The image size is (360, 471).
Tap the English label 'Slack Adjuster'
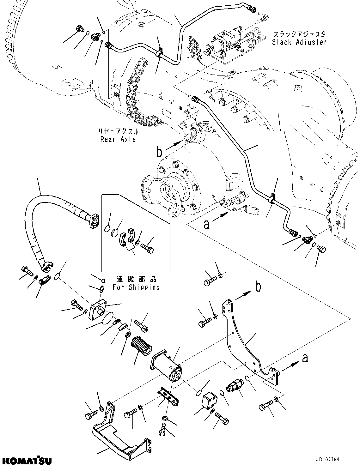[299, 42]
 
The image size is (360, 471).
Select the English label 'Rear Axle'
[118, 139]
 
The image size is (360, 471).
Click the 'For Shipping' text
[136, 287]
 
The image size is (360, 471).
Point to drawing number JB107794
[324, 460]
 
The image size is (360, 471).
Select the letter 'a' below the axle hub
[206, 224]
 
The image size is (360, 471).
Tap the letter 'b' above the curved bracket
[258, 287]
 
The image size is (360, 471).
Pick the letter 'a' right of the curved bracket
[305, 358]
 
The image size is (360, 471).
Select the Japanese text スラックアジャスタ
[299, 34]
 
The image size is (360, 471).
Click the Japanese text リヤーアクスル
[118, 131]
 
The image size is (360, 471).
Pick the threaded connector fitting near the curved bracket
[234, 386]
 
